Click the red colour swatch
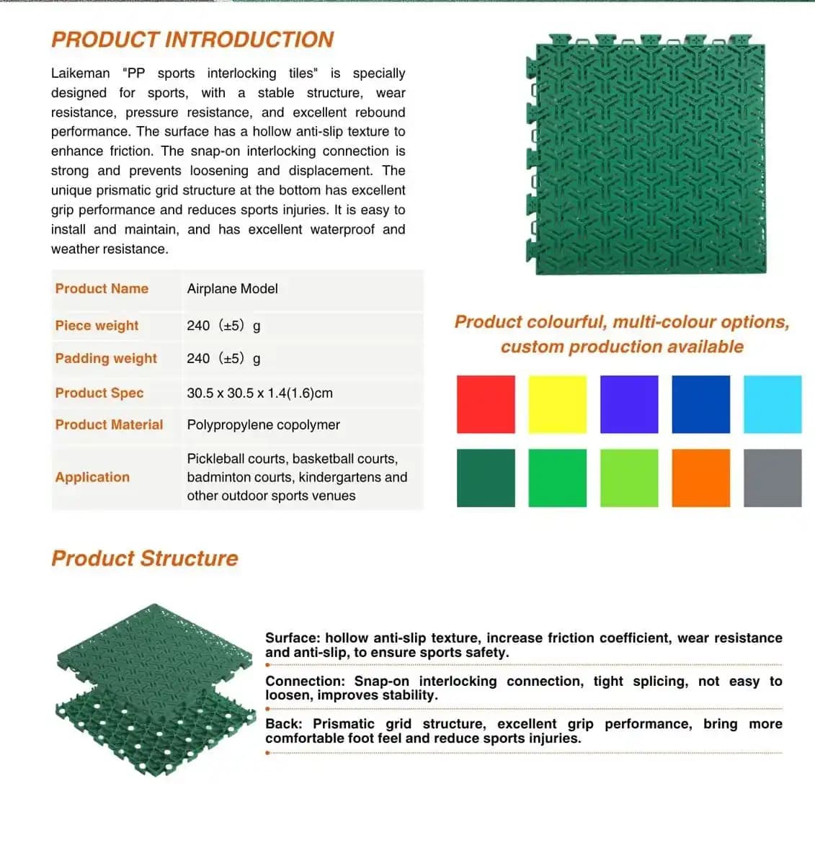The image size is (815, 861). point(486,404)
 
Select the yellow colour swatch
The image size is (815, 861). point(557,404)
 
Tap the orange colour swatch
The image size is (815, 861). point(700,478)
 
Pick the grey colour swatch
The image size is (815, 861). point(772,478)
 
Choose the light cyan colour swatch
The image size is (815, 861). point(772,404)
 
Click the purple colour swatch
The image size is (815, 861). point(629,404)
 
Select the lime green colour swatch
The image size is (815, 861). point(629,478)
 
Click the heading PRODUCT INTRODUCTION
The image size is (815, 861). point(192,40)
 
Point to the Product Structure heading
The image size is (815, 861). point(144,558)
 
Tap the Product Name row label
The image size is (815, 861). point(102,289)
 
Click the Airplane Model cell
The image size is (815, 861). point(232,289)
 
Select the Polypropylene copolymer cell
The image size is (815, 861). point(263,425)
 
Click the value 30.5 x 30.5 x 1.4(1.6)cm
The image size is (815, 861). point(259,393)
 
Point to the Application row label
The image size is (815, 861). point(92,477)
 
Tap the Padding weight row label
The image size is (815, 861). point(106,359)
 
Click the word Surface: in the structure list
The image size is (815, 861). point(293,638)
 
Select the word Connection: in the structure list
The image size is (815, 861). point(303,682)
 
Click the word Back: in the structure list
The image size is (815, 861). point(284,724)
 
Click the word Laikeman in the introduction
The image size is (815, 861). point(80,73)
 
